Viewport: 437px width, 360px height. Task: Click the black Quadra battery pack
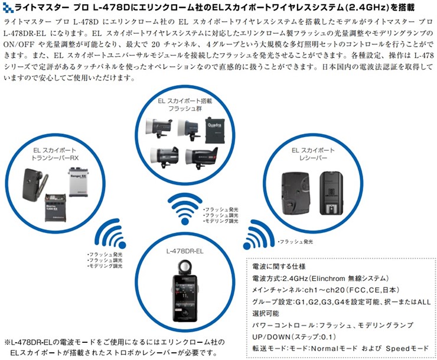tap(216, 128)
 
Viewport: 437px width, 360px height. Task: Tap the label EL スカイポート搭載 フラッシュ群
tap(184, 104)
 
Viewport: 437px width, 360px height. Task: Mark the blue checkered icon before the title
tap(6, 8)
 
